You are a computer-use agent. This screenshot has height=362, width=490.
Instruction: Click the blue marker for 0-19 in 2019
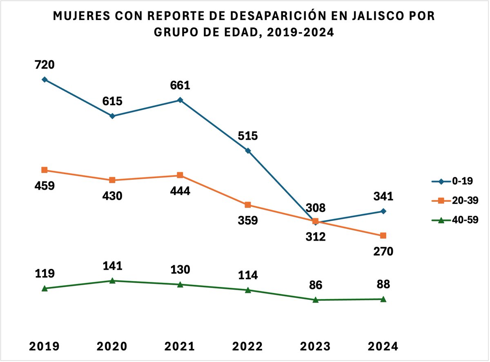pos(45,79)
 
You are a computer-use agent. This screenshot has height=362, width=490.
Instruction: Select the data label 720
pos(45,65)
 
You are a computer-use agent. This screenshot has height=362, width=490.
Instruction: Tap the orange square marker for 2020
pos(112,180)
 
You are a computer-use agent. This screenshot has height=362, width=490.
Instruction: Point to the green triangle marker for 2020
pos(112,281)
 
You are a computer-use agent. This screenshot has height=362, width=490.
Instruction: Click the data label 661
pos(180,85)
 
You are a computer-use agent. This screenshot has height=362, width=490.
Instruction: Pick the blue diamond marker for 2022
pos(247,151)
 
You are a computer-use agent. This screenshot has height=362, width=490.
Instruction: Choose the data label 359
pos(247,221)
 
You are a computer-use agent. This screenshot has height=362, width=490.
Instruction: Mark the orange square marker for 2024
pos(383,236)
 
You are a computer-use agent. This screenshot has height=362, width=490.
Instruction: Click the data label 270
pos(383,251)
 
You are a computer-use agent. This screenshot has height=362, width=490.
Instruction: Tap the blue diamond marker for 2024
pos(383,211)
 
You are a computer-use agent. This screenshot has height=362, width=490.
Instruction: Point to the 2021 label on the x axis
pos(180,346)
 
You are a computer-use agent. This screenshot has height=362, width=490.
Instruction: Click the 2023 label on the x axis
pos(315,346)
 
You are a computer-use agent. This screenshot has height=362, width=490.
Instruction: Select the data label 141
pos(112,266)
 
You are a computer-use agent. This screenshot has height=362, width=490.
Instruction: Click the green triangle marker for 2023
pos(315,299)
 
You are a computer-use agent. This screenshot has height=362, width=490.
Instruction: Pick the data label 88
pos(383,284)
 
